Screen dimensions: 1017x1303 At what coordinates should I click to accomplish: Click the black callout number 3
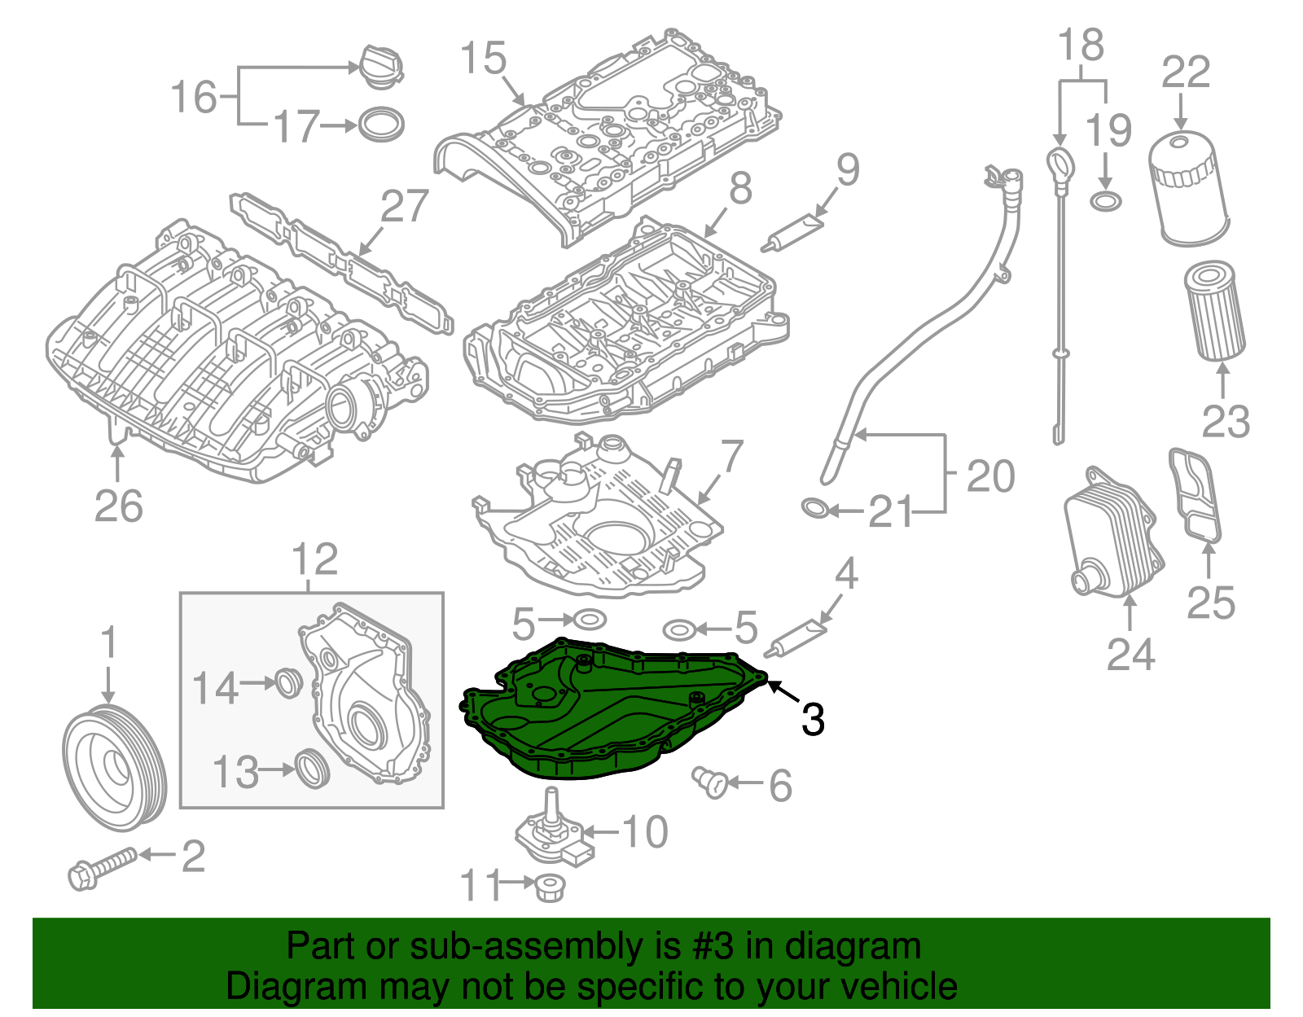tap(813, 719)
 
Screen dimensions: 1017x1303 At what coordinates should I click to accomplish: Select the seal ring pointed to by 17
tap(381, 124)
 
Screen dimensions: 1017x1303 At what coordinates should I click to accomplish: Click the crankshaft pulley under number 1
tap(114, 768)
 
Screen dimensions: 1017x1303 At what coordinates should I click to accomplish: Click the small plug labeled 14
tap(287, 683)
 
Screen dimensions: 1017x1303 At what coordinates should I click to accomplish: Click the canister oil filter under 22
tap(1187, 189)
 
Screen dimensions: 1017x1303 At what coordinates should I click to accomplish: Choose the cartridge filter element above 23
tap(1214, 310)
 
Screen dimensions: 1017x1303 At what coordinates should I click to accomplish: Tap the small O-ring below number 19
tap(1105, 200)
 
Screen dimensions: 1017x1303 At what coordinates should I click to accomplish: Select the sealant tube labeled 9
tap(794, 231)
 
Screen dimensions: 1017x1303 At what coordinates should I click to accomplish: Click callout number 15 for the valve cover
tap(483, 59)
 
